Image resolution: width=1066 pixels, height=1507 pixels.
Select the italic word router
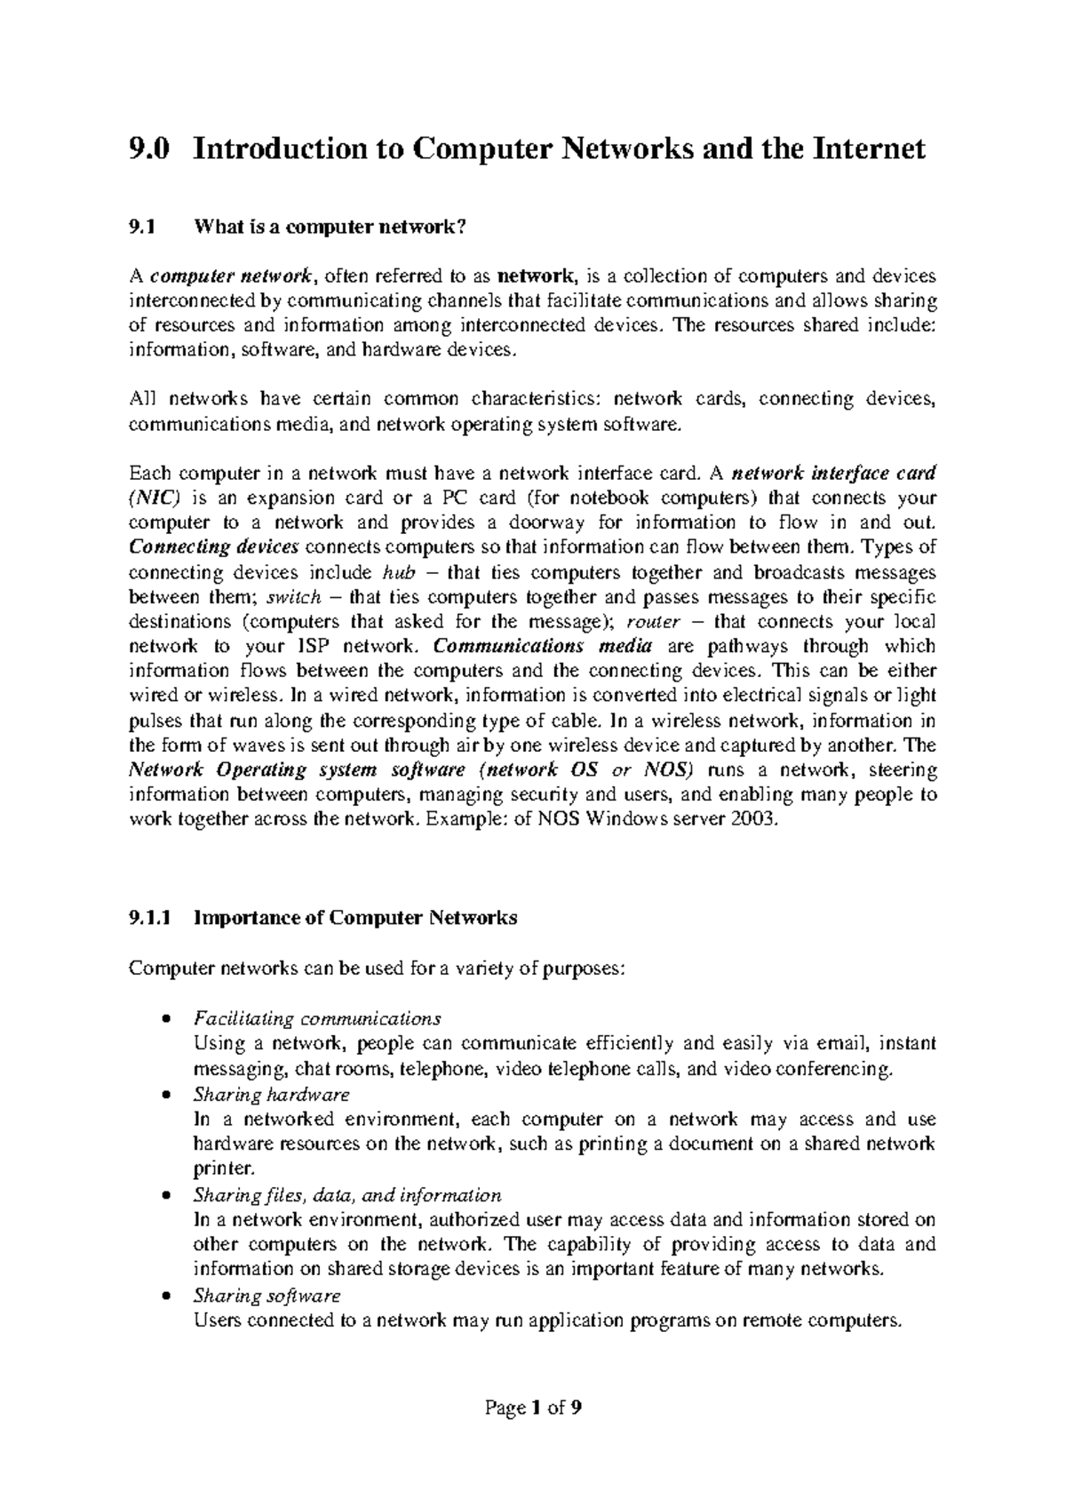[x=653, y=621]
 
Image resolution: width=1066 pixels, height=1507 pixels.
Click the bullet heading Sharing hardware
[x=271, y=1094]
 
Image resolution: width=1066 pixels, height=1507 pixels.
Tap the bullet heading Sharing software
[x=266, y=1296]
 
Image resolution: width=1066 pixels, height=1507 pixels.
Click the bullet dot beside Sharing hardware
[x=165, y=1096]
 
